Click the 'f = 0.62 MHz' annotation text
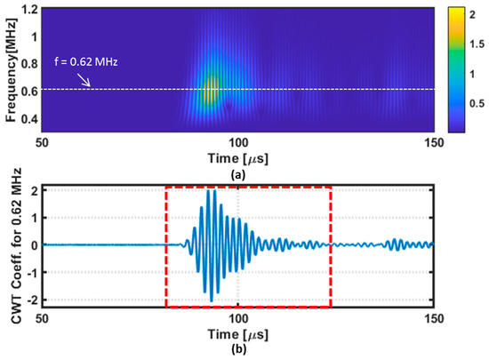coord(83,63)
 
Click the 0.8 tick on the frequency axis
coord(30,64)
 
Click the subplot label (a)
coord(237,175)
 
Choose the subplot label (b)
coord(237,352)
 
